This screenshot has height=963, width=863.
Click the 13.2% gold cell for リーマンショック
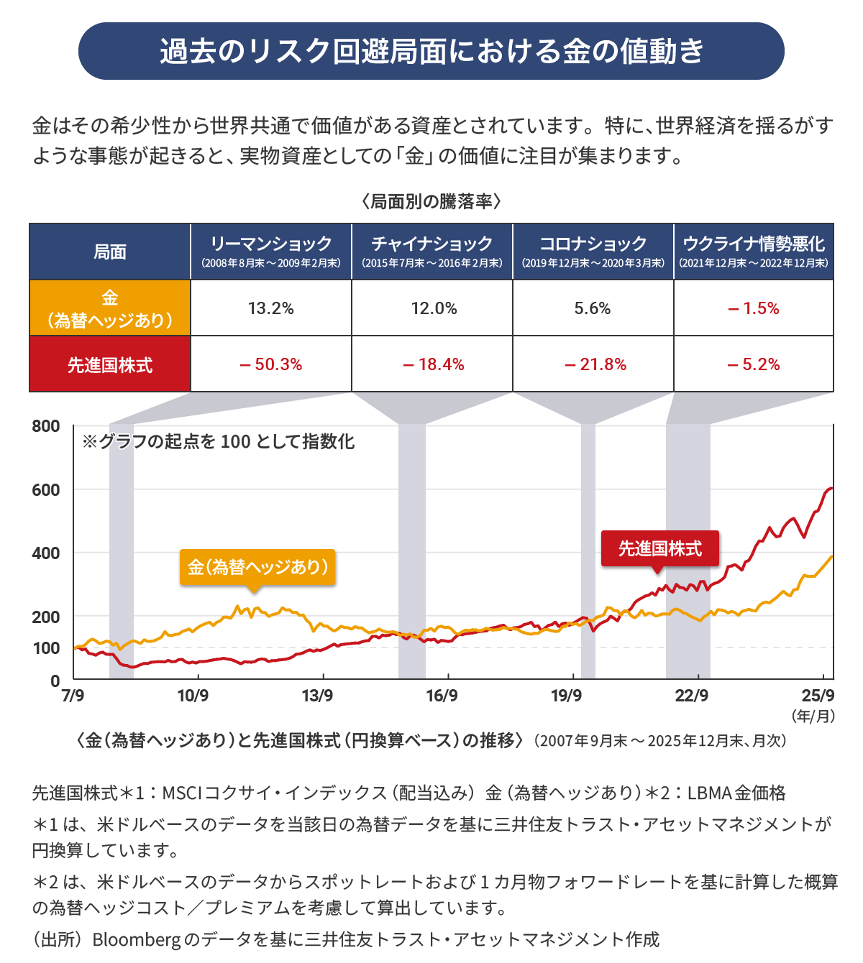[271, 308]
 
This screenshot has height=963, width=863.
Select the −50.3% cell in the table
[271, 364]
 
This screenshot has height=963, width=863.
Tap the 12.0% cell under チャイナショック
[434, 308]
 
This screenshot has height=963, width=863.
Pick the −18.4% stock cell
[434, 364]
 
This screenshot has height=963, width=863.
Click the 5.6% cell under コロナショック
[593, 308]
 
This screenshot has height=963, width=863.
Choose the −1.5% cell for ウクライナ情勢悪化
[754, 308]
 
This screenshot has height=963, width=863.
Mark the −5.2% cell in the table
[754, 364]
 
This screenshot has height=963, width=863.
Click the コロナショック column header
[593, 252]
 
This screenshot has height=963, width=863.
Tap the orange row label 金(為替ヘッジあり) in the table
[110, 308]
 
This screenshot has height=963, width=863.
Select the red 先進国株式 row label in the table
[110, 365]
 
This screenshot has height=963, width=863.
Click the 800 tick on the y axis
[46, 426]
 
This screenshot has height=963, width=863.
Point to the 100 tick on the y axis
[46, 648]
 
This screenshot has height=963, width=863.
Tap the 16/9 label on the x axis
[442, 696]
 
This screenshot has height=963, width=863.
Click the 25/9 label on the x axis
[818, 696]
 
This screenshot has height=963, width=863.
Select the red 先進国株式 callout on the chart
[660, 548]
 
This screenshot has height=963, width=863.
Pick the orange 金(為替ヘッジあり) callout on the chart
[257, 567]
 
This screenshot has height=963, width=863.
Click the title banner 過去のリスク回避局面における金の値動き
[431, 51]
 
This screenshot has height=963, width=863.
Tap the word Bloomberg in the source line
[136, 939]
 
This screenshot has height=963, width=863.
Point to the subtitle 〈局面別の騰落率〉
[431, 201]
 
